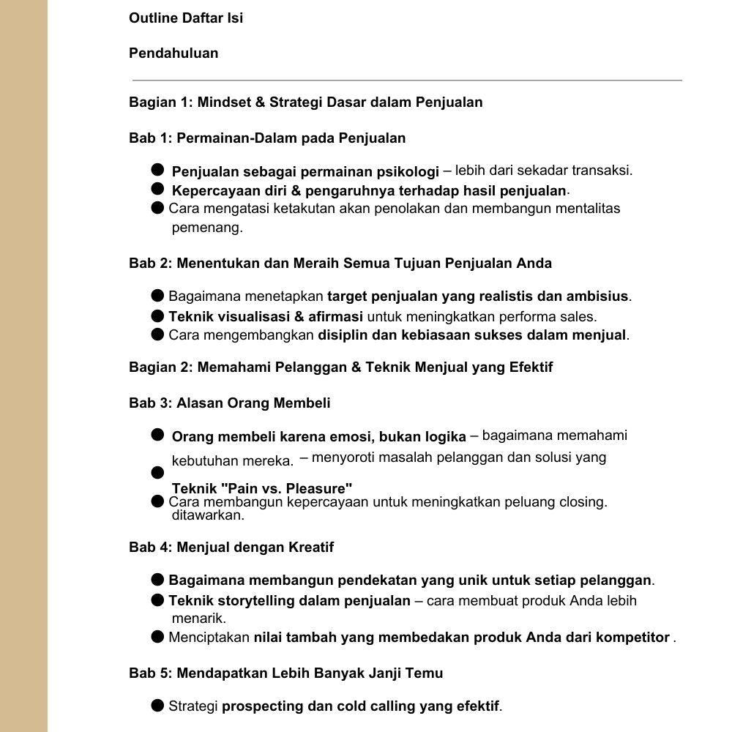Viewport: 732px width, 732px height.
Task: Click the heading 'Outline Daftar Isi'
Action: pos(186,18)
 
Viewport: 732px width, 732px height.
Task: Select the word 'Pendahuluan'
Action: pos(173,53)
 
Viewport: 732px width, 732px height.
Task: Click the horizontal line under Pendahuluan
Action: pos(407,80)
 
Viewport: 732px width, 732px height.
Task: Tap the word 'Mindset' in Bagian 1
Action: pos(223,102)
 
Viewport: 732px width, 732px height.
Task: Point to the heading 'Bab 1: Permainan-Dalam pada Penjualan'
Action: pos(267,138)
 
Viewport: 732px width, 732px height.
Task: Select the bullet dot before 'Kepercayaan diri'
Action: pos(157,189)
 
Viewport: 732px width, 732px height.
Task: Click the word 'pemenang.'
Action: pos(207,228)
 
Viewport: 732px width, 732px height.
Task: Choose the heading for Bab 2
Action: pos(340,263)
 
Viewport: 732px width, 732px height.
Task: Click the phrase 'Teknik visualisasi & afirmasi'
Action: pos(266,317)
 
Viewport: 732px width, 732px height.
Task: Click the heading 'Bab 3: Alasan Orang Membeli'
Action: pos(230,403)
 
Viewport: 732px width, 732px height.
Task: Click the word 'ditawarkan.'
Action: pos(208,515)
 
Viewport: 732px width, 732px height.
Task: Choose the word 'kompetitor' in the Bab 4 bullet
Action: pos(633,638)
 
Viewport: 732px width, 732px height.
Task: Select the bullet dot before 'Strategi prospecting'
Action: pos(157,706)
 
